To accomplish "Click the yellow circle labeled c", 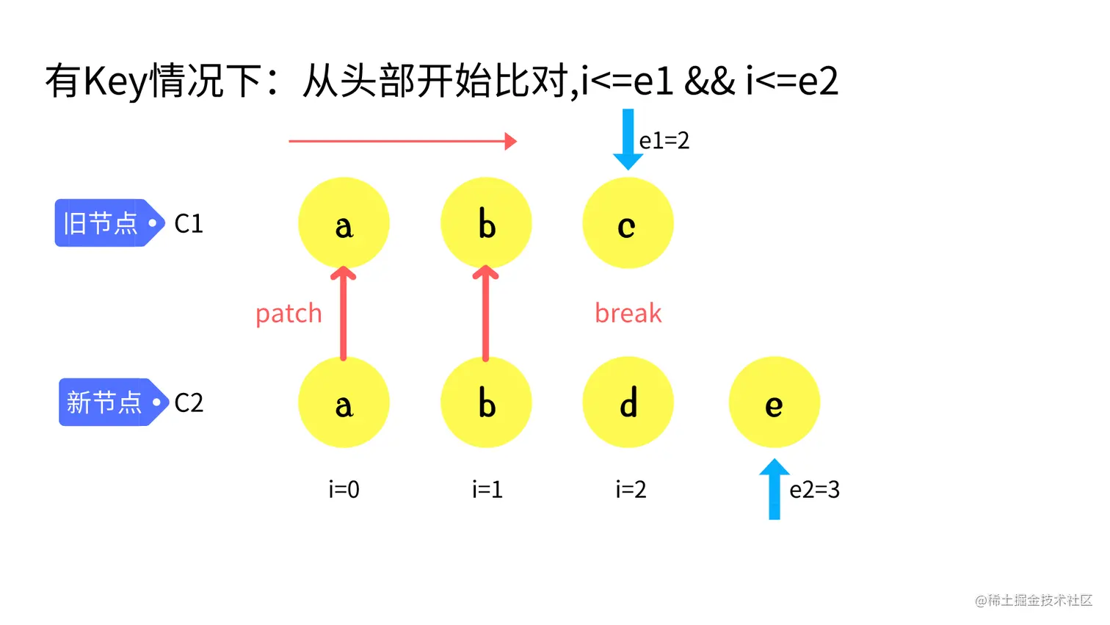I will (627, 223).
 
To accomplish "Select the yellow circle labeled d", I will (627, 402).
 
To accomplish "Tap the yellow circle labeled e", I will (774, 402).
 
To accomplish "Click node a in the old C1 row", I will (344, 223).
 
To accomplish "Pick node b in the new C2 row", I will (486, 402).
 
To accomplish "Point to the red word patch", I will (289, 314).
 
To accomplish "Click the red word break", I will (628, 314).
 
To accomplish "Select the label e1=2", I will (664, 140).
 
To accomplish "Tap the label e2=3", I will (814, 490).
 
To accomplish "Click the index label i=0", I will (344, 490).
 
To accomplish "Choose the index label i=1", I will (487, 490).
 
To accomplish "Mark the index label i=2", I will (631, 490).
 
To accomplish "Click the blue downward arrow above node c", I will (628, 140).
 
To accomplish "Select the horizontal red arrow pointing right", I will (402, 141).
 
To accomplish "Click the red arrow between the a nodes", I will (343, 314).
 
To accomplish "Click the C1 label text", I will (189, 224).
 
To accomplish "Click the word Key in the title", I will (115, 81).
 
